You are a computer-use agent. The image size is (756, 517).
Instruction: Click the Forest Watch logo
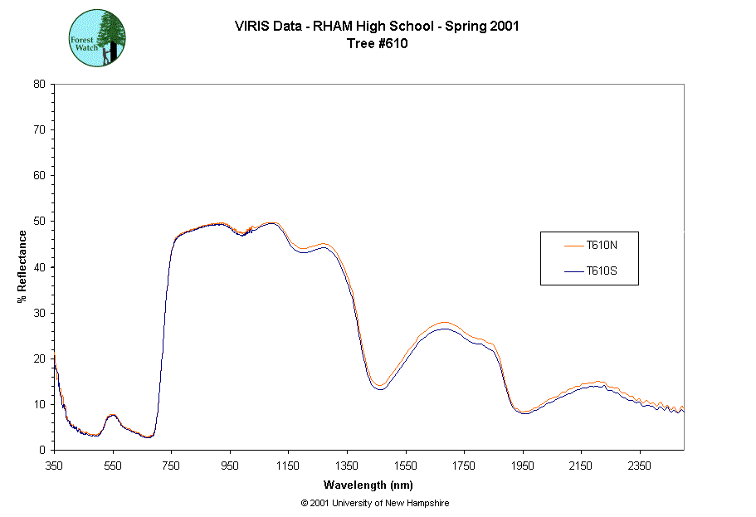[x=97, y=38]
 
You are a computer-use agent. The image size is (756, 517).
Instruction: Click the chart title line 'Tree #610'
[x=377, y=44]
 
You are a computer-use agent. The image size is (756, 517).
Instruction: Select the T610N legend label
[x=601, y=245]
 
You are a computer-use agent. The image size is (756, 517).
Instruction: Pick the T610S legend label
[x=601, y=271]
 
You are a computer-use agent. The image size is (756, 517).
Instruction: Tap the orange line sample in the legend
[x=574, y=245]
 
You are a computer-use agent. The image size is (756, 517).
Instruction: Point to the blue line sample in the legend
[x=574, y=271]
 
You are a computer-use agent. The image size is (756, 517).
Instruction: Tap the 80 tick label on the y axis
[x=39, y=84]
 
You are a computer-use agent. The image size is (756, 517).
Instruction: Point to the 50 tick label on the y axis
[x=39, y=221]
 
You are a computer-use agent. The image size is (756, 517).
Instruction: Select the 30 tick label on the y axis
[x=39, y=313]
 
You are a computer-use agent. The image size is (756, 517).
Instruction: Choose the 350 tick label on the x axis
[x=54, y=466]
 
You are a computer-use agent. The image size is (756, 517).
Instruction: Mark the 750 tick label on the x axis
[x=171, y=466]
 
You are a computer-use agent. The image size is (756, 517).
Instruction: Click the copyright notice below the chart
[x=375, y=503]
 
